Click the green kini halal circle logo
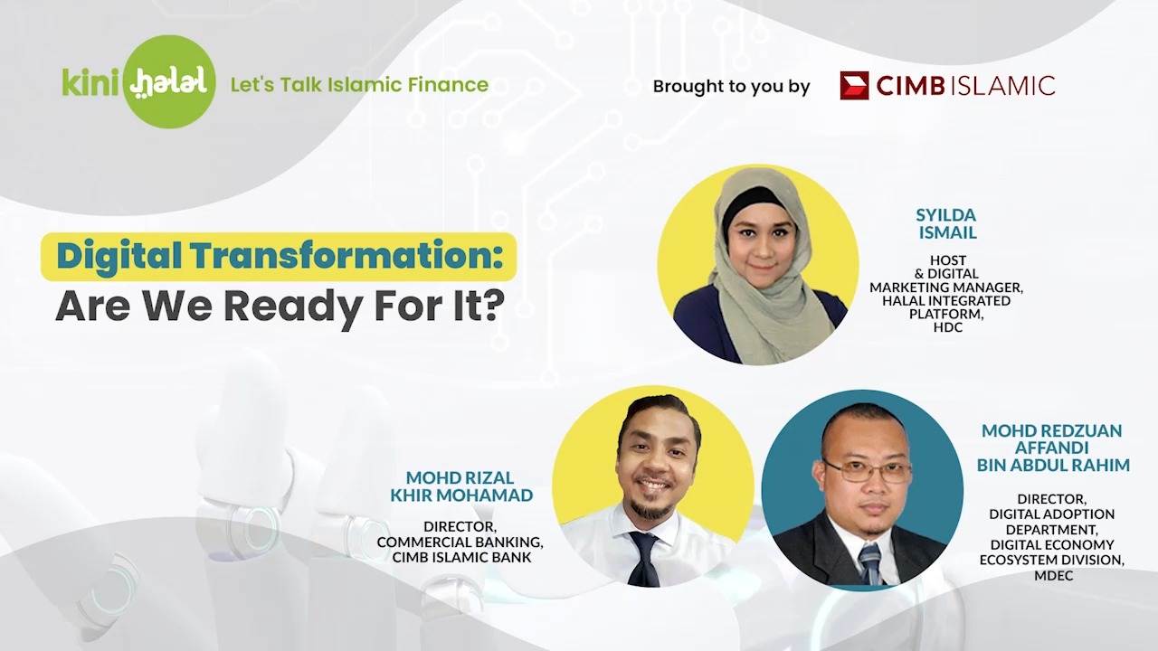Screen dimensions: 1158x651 coord(169,81)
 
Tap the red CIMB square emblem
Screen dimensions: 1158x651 coord(854,85)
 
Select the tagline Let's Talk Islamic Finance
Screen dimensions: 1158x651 coord(359,85)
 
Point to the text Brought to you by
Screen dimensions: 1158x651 coord(732,86)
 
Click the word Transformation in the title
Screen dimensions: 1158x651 coord(343,256)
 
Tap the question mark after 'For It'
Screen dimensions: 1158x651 coord(495,306)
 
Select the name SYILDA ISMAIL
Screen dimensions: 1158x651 coord(947,223)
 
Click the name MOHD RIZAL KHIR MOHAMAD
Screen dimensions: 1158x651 coord(461,486)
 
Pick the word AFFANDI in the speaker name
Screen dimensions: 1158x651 coord(1050,448)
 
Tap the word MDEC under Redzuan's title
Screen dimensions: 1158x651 coord(1053,575)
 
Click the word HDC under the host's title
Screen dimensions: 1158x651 coord(947,327)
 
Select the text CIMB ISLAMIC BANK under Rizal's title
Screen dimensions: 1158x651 coord(461,558)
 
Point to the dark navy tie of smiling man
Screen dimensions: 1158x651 coord(644,559)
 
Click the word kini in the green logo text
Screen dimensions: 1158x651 coord(91,82)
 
